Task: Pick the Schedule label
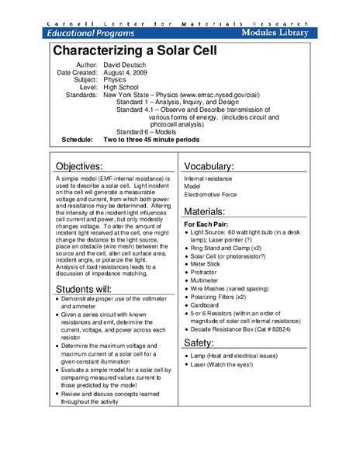click(x=78, y=140)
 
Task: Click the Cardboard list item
click(x=210, y=305)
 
